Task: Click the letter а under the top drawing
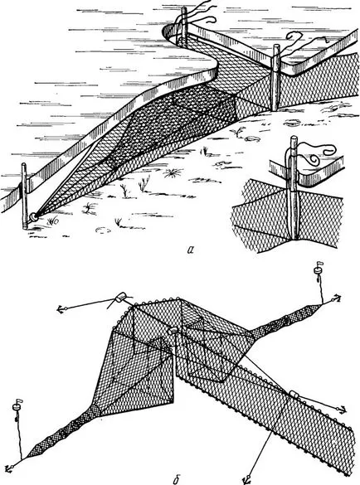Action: coord(191,250)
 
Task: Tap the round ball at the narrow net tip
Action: coord(33,217)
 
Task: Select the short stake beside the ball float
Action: coord(24,196)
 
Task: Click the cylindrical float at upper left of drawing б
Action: coord(119,298)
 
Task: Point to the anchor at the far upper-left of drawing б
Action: coord(61,308)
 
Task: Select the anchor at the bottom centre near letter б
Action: coord(249,480)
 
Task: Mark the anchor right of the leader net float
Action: coord(341,410)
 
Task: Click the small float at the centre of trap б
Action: coord(173,330)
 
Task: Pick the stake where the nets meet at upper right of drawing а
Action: coord(275,78)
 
